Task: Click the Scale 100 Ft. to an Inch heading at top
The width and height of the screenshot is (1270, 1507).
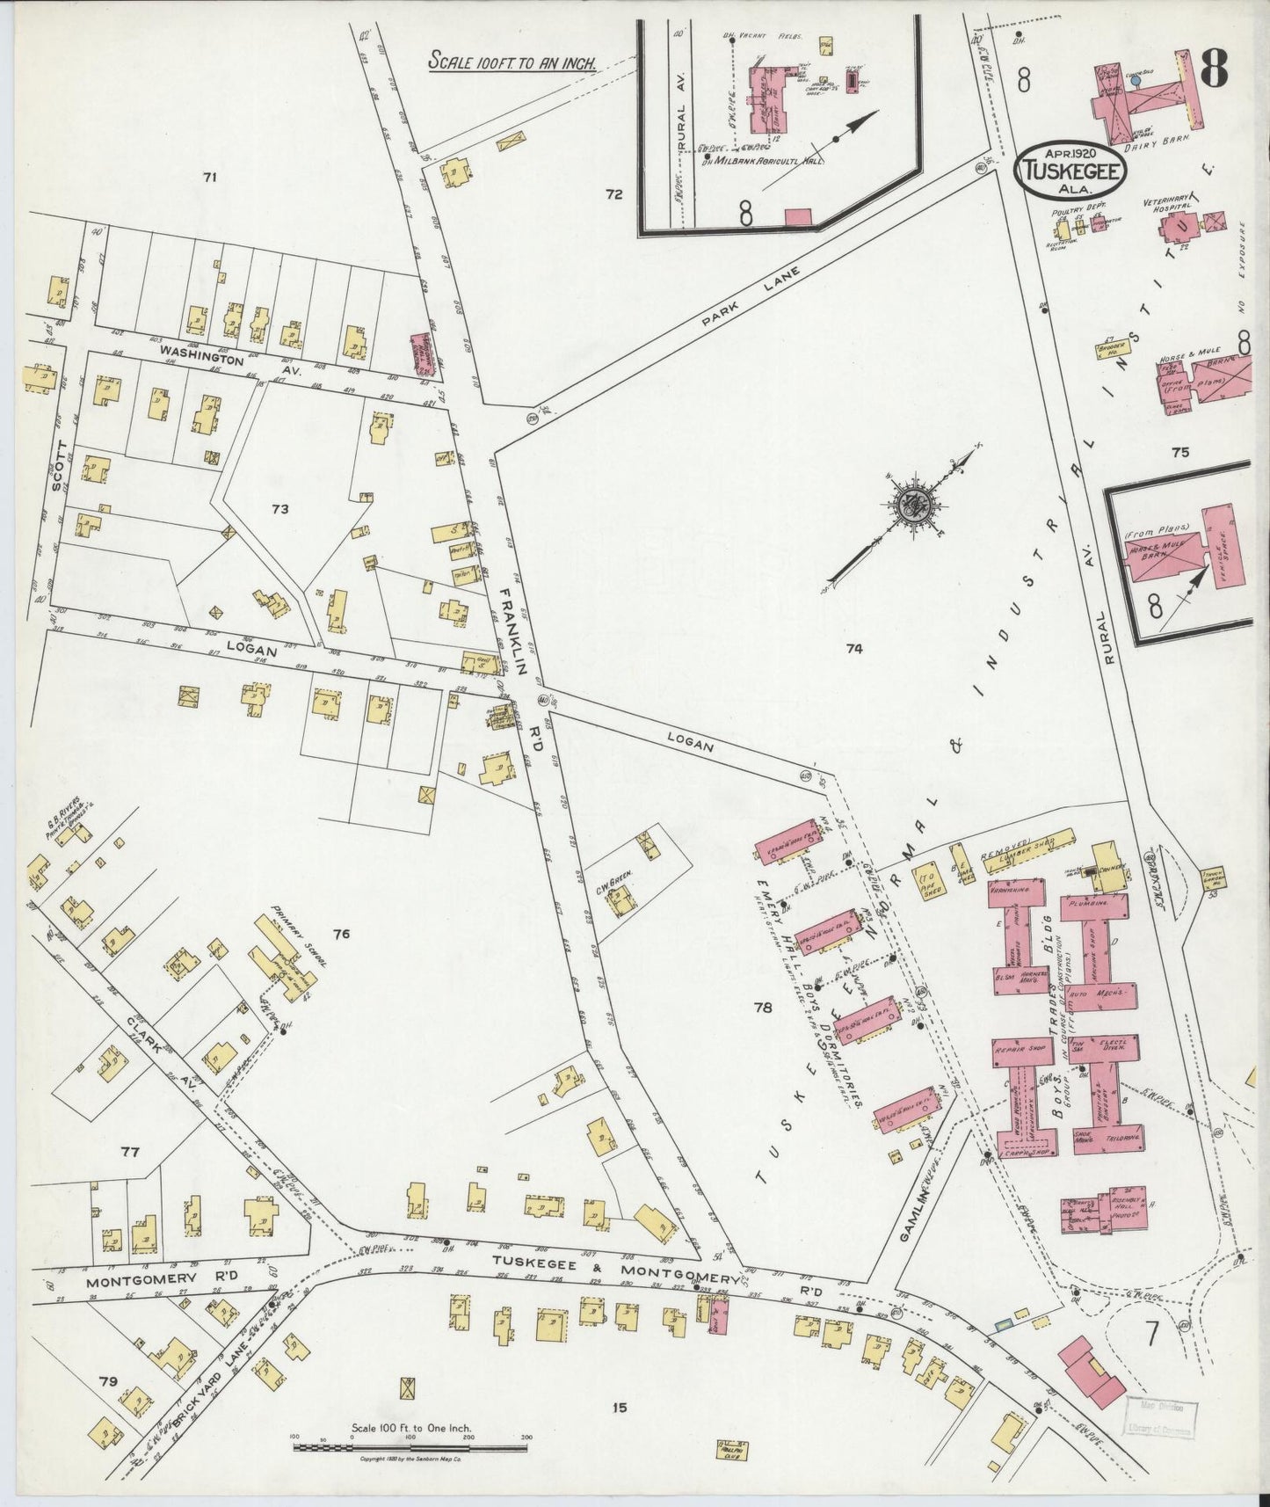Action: (x=512, y=62)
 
